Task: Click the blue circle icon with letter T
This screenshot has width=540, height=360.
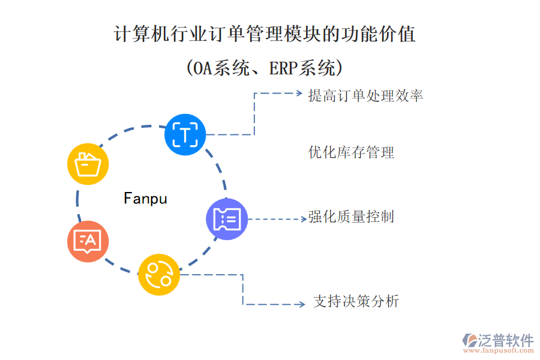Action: [x=185, y=134]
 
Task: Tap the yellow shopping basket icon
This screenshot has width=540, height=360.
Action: [x=88, y=163]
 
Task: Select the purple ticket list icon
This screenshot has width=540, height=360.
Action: [x=227, y=219]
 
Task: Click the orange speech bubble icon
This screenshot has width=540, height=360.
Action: [x=88, y=241]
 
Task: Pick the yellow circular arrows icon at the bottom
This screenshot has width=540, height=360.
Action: [x=159, y=275]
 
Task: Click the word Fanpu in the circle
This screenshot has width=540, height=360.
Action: [x=145, y=199]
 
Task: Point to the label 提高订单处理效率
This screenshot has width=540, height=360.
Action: [x=365, y=95]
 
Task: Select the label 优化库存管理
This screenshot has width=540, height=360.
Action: [x=351, y=152]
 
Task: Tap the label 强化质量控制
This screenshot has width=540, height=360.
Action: [x=351, y=217]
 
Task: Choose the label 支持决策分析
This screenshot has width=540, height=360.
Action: [x=356, y=302]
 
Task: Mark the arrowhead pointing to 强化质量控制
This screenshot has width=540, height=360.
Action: [x=303, y=219]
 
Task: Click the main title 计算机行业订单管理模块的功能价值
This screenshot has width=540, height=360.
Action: [x=265, y=34]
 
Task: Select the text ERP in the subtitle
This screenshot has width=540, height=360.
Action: [x=283, y=68]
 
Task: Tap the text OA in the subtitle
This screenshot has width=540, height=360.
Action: [x=202, y=68]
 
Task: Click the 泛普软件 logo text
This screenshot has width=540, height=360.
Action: [x=505, y=340]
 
